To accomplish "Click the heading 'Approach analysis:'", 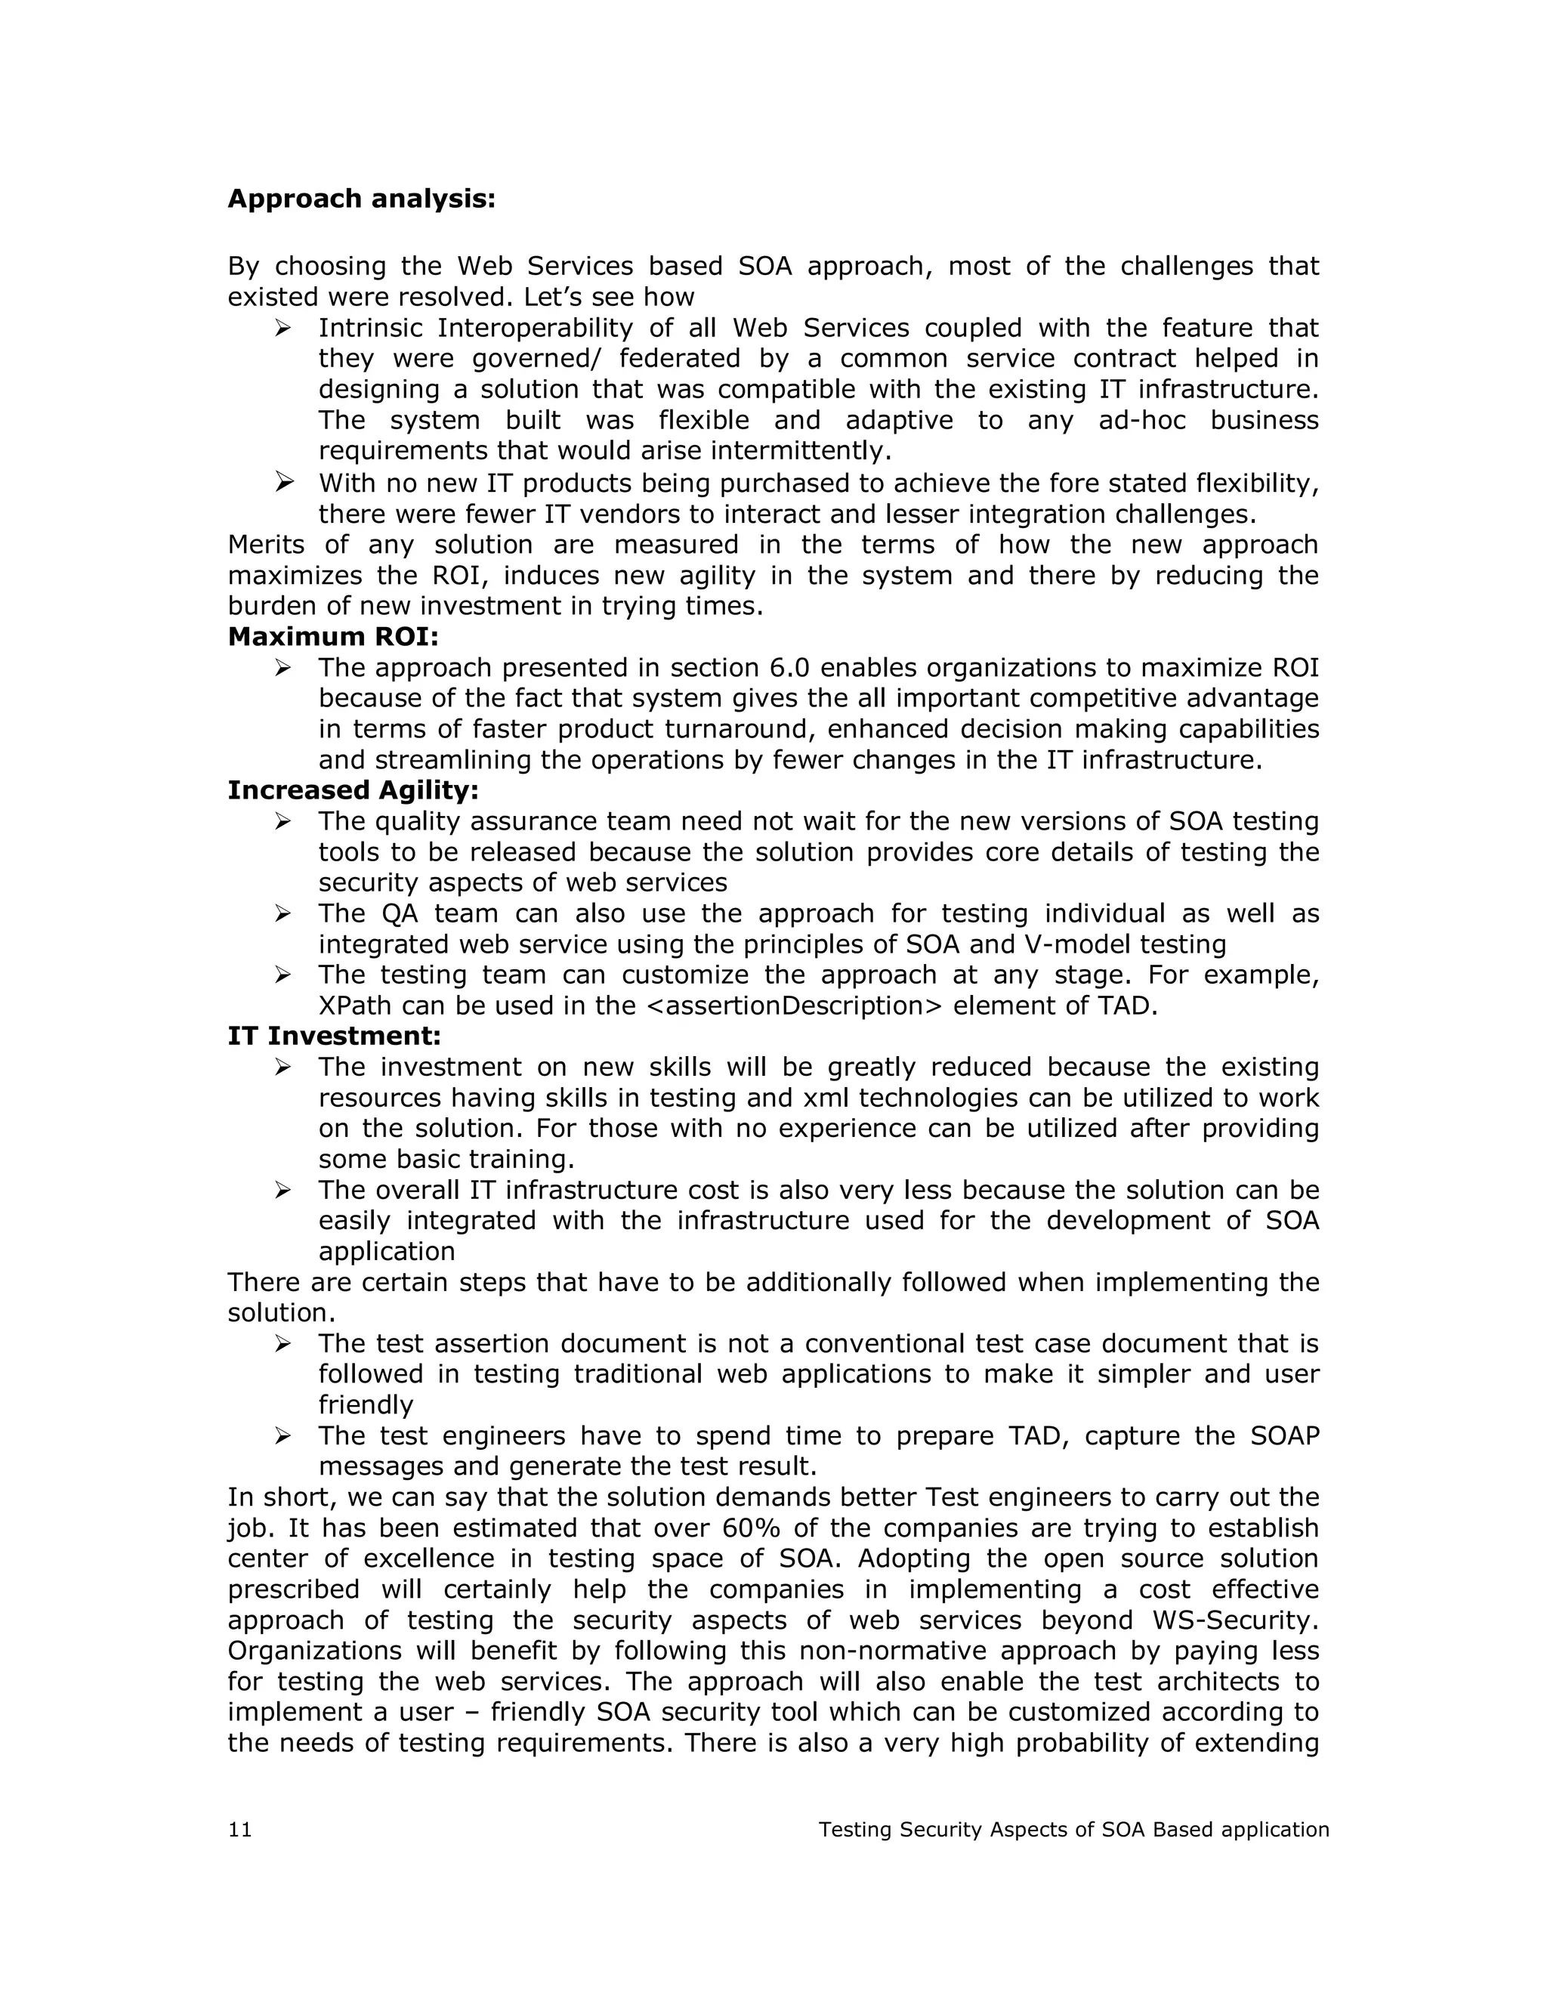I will point(361,199).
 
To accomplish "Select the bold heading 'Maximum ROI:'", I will point(332,636).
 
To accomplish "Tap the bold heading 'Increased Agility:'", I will point(353,790).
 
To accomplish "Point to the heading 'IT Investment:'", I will point(335,1036).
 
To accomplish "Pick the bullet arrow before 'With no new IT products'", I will point(283,481).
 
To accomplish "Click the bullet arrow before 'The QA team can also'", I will point(283,913).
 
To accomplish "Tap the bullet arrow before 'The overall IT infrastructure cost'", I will point(283,1190).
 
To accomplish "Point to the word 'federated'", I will point(679,358).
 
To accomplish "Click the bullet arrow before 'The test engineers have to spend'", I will point(283,1435).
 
